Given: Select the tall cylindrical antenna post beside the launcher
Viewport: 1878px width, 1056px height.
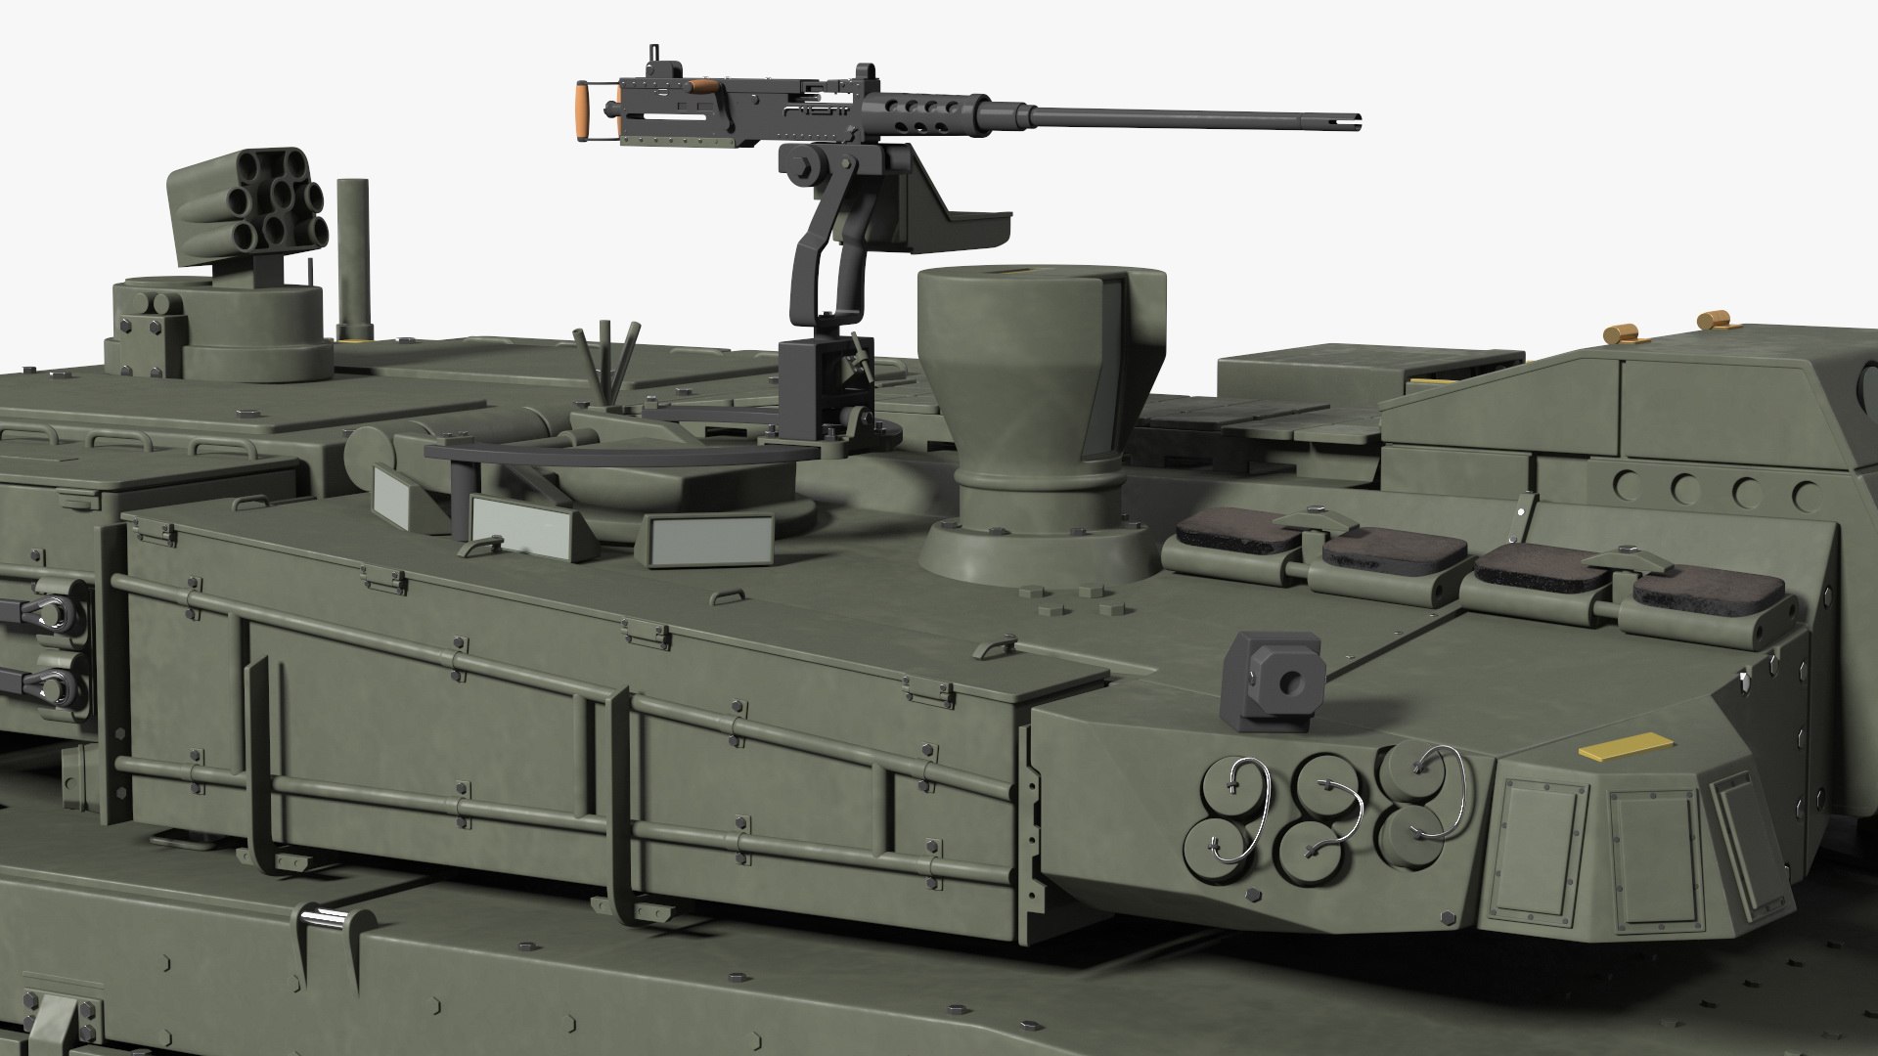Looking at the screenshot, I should coord(351,260).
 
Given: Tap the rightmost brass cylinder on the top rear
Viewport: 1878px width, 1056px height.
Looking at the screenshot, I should coord(1713,320).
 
